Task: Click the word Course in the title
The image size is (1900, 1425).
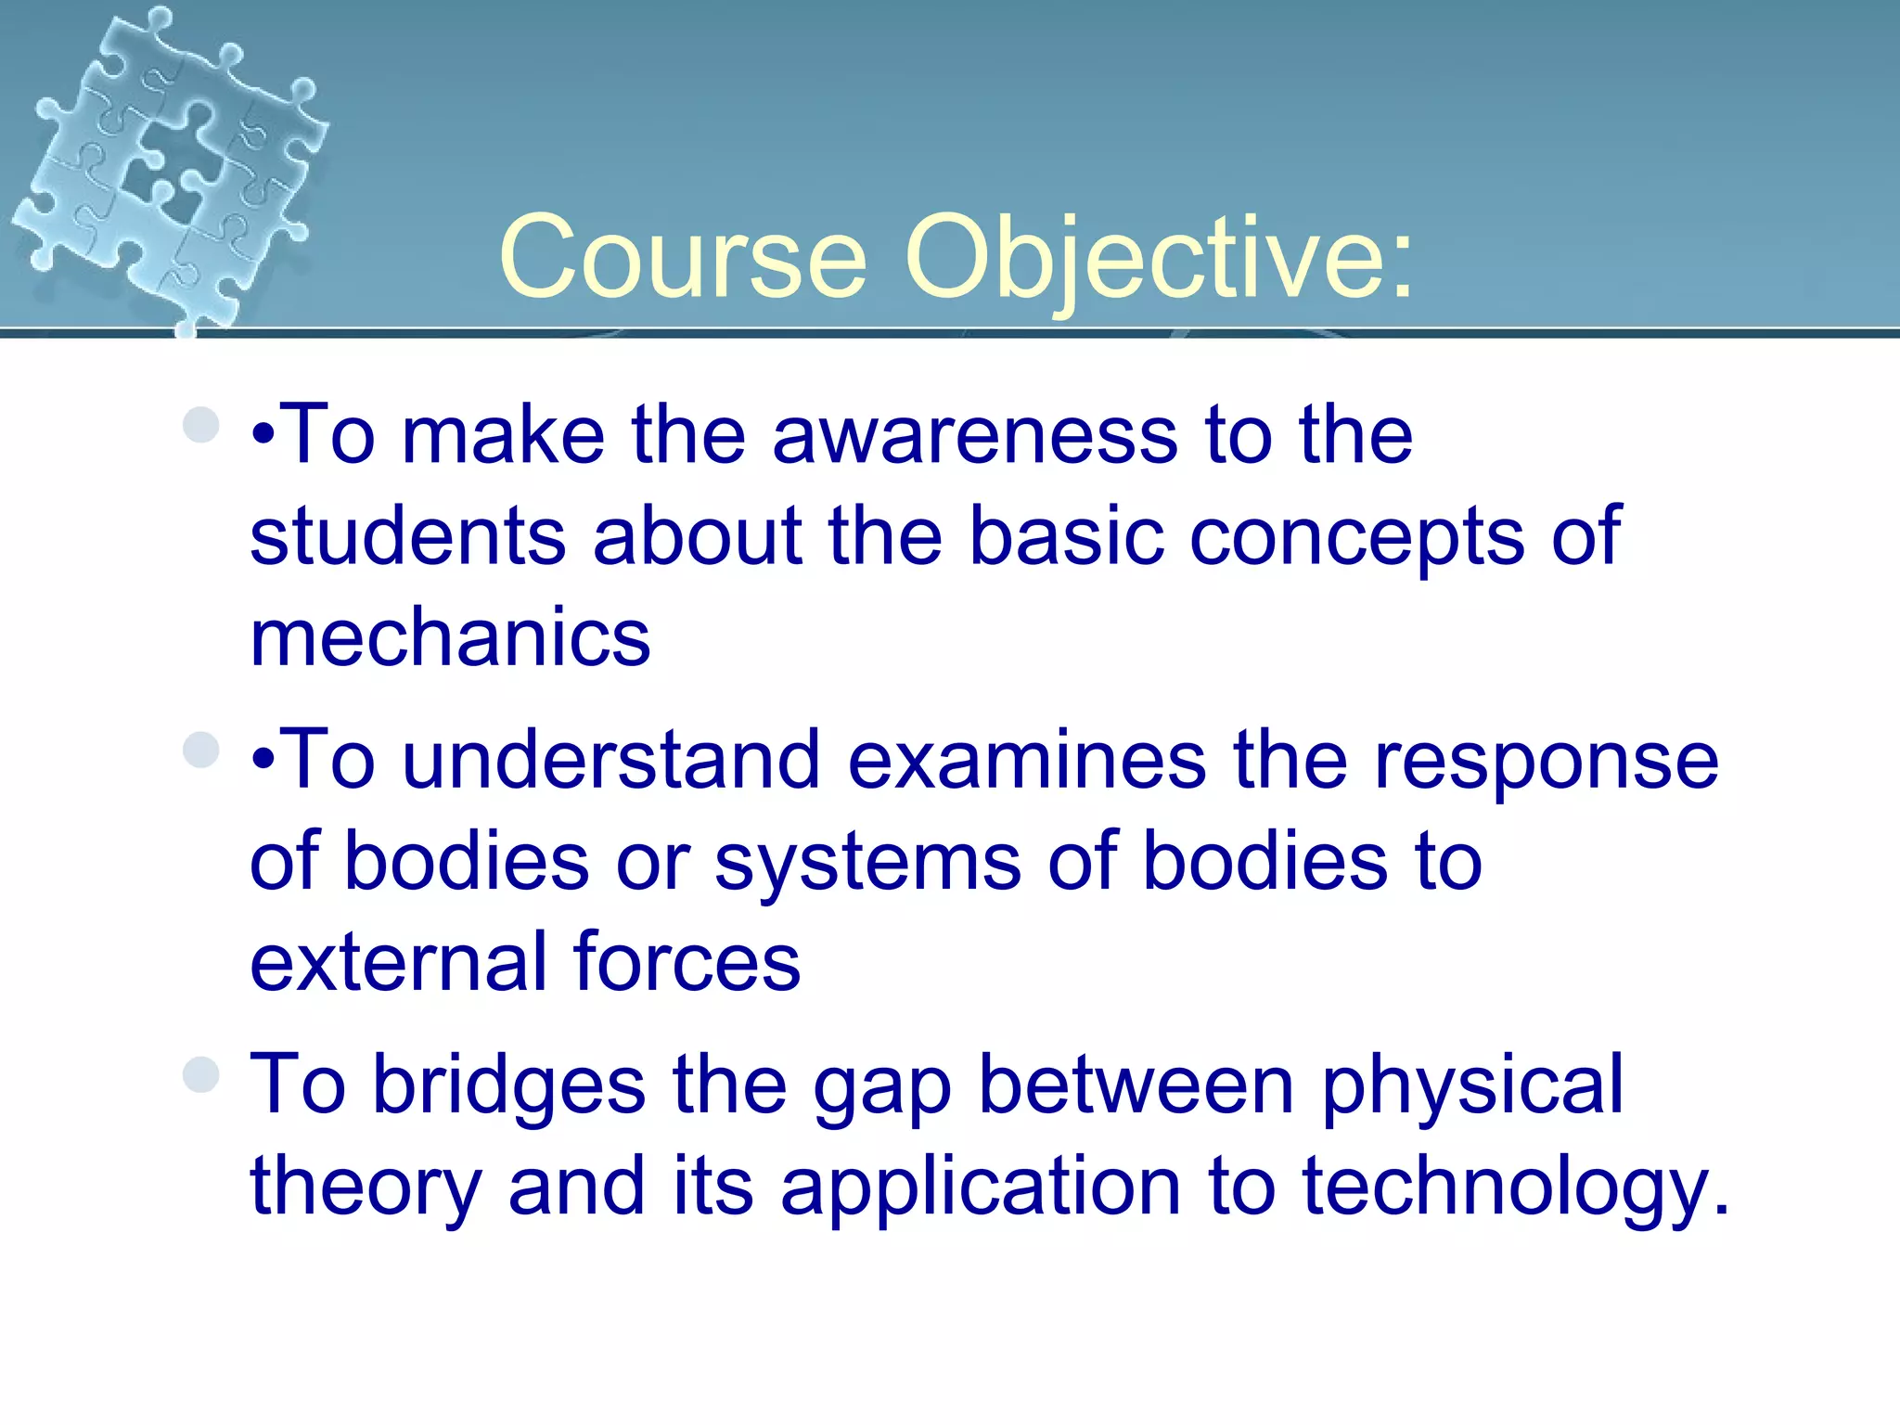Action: tap(683, 259)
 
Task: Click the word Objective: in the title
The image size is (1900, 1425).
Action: tap(1160, 259)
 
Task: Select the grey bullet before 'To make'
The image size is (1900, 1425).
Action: tap(201, 425)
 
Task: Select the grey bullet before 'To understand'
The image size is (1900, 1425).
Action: tap(201, 750)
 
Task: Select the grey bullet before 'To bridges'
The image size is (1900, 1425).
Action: tap(201, 1074)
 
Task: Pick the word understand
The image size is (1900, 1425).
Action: tap(611, 761)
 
